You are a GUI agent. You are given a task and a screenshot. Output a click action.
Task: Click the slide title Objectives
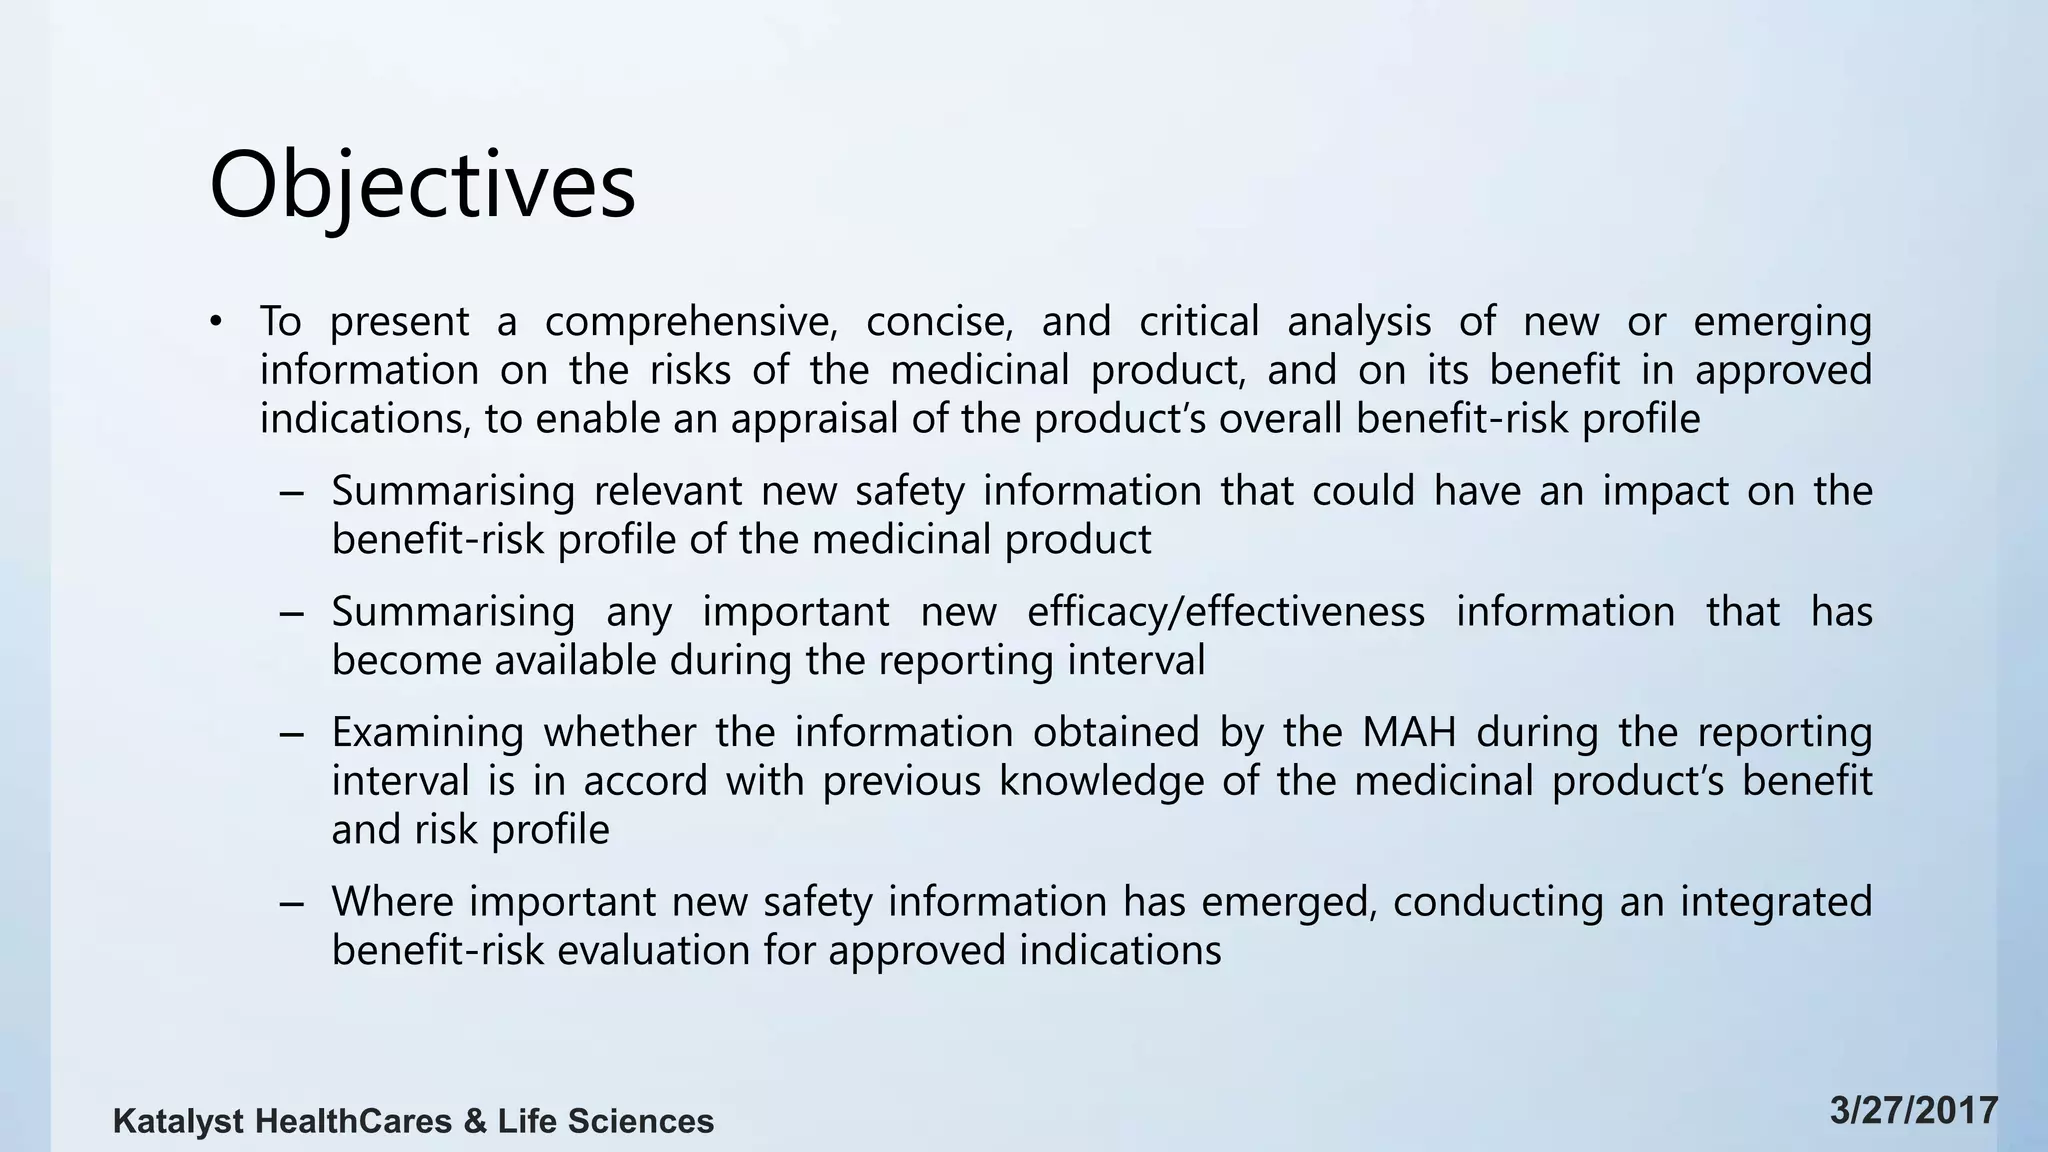[422, 187]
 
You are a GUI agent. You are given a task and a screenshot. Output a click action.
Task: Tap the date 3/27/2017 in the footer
[1914, 1111]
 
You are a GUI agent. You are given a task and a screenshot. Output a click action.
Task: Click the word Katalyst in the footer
[178, 1122]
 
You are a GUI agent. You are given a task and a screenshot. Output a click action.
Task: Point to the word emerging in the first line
[1782, 322]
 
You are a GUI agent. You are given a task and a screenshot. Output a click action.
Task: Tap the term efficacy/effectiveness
[1226, 612]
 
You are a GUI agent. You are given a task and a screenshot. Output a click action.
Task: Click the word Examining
[427, 733]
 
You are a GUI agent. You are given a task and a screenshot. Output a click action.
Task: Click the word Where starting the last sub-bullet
[394, 902]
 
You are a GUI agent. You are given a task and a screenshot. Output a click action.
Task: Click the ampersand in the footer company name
[475, 1122]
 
